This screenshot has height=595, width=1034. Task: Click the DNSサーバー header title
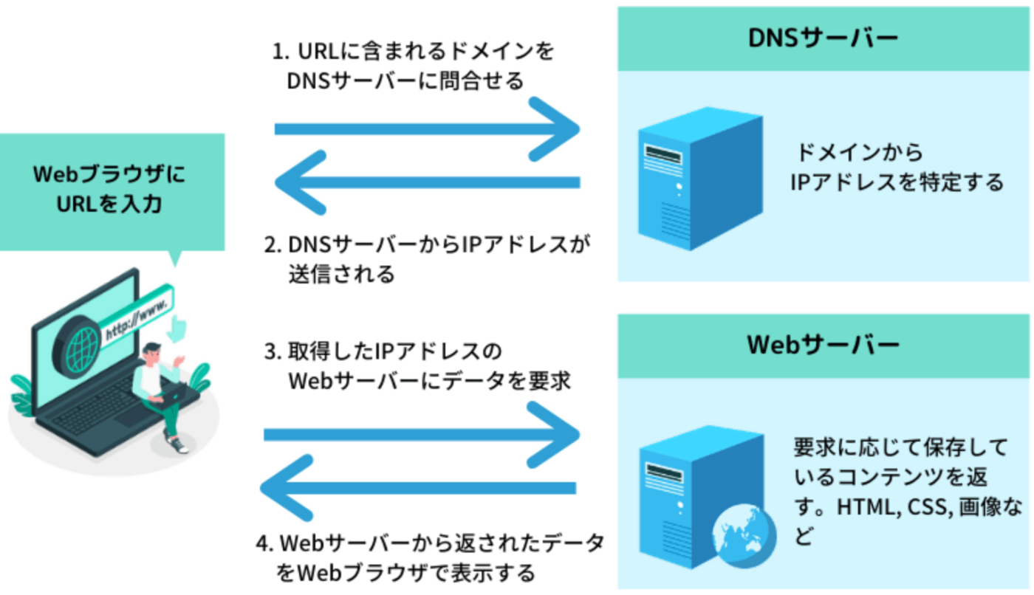[x=824, y=38]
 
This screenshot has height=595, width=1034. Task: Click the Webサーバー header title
[x=824, y=345]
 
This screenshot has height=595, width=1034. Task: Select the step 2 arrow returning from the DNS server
[x=426, y=182]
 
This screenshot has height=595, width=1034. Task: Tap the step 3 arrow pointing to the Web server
[x=421, y=436]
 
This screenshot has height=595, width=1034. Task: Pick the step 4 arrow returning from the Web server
[x=418, y=488]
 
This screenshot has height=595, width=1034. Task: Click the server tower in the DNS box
[x=699, y=182]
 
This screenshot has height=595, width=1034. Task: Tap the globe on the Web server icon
[x=739, y=532]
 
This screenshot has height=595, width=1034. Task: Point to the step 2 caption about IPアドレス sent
[x=428, y=258]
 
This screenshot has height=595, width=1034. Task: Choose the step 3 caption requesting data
[x=417, y=366]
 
